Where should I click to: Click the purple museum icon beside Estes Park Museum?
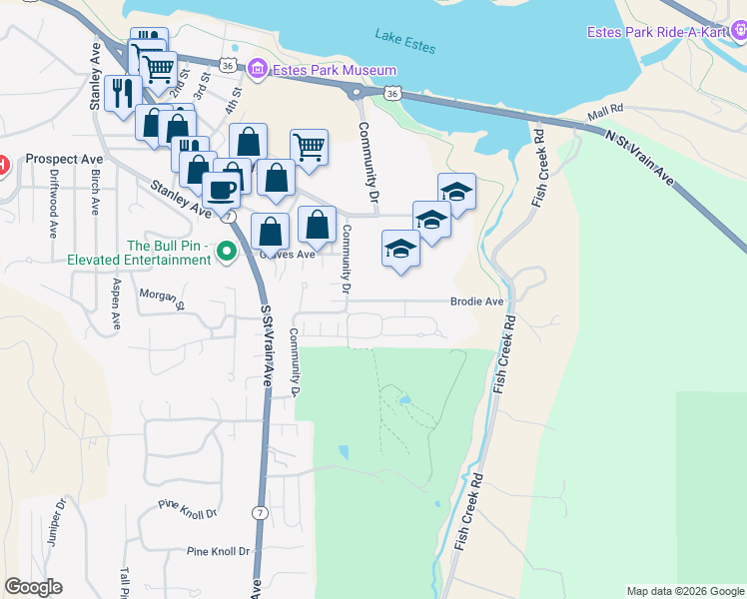point(258,69)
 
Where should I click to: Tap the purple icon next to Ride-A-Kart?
point(738,33)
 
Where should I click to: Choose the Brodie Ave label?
point(476,300)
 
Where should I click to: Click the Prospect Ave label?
point(65,159)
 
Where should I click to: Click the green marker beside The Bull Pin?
point(227,253)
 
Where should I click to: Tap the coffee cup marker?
point(221,188)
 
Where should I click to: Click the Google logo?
point(33,587)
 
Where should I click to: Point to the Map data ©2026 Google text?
point(684,591)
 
